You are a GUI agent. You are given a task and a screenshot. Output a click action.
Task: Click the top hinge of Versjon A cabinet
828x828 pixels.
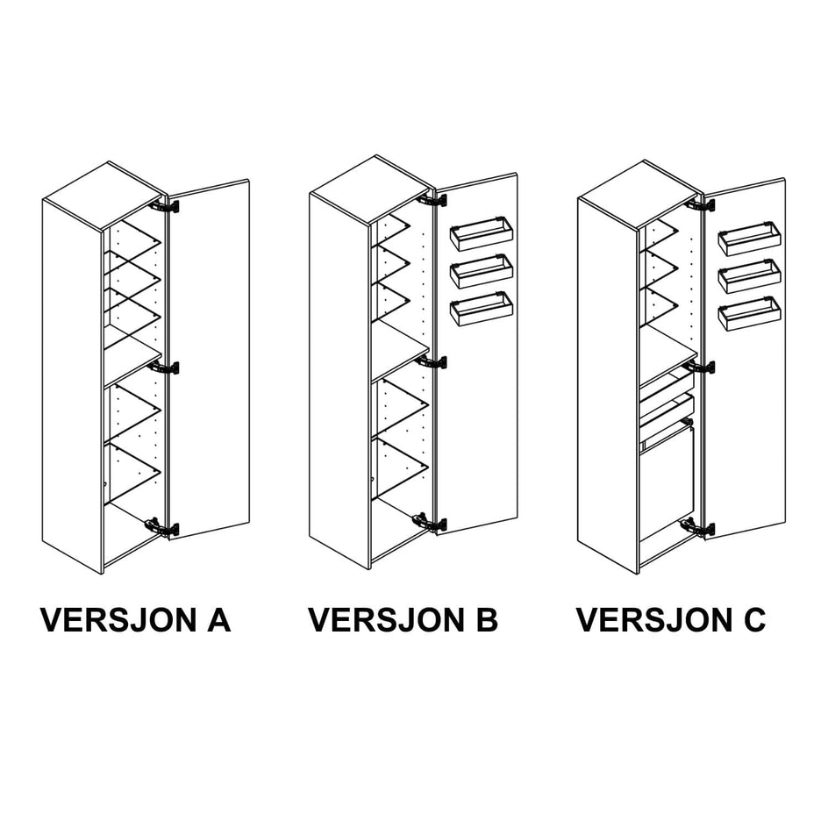pos(165,205)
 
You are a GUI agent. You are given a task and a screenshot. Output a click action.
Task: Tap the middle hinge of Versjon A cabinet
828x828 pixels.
pos(164,368)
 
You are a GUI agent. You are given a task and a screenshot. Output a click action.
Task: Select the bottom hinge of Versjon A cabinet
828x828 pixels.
pos(163,528)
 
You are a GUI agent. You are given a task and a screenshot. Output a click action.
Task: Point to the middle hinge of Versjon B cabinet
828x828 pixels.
pos(432,362)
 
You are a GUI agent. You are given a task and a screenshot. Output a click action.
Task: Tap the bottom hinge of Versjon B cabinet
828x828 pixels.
pos(431,523)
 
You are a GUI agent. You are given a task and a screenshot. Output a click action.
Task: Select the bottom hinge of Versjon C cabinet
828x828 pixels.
pos(698,527)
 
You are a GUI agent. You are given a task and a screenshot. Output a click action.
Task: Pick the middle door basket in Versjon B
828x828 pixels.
pos(482,271)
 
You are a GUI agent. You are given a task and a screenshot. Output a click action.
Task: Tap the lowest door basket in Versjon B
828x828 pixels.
pos(482,309)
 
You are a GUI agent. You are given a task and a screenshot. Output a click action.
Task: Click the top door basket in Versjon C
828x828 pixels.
pos(749,239)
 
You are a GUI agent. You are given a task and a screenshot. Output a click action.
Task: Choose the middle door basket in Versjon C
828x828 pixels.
pos(749,276)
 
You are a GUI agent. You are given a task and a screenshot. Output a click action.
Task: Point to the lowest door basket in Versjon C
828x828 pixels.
pos(749,314)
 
